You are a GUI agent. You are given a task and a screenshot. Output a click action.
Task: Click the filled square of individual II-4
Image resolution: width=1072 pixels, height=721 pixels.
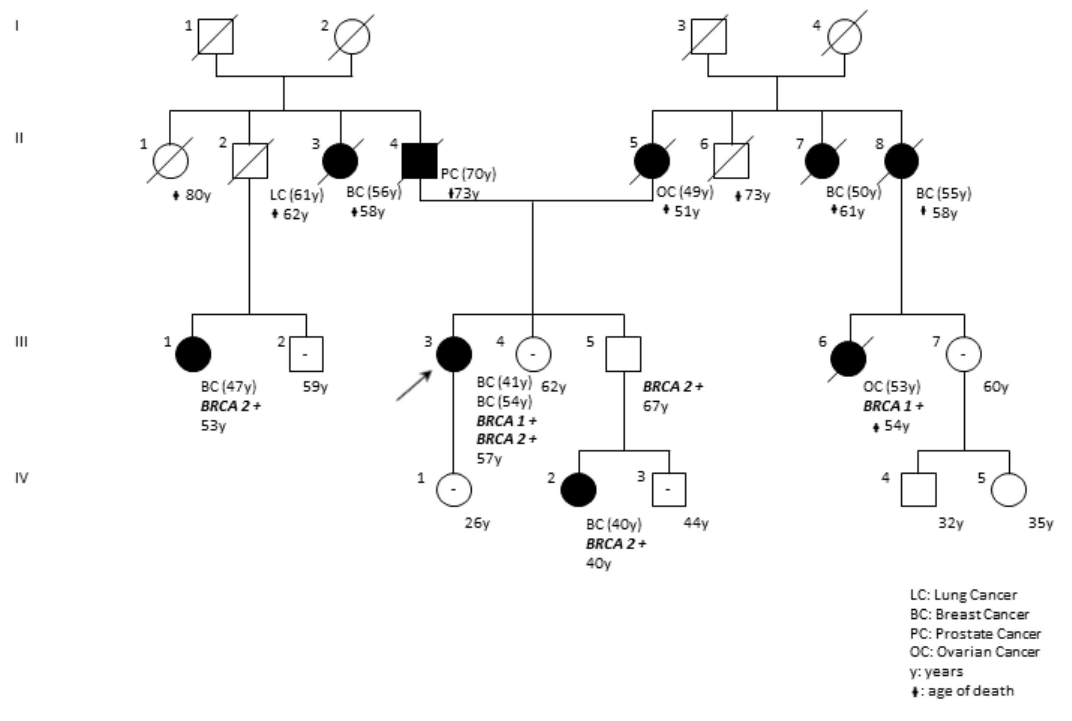(x=419, y=161)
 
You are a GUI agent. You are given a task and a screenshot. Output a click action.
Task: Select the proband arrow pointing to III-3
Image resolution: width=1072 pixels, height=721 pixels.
(x=414, y=386)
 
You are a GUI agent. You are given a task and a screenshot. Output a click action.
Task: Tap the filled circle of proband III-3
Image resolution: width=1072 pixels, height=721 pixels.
(x=453, y=354)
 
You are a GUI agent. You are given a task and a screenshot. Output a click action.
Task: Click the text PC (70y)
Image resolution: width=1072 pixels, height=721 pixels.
(x=468, y=174)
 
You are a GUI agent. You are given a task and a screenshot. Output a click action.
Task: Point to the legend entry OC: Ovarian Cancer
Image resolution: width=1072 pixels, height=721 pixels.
(x=974, y=652)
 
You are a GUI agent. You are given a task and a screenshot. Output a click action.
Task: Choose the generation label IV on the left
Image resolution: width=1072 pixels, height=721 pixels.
(x=21, y=478)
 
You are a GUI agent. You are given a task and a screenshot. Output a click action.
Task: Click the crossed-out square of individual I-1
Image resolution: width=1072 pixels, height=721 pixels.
(x=215, y=36)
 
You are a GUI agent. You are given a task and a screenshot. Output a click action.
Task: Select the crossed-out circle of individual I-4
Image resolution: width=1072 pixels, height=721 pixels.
(x=844, y=36)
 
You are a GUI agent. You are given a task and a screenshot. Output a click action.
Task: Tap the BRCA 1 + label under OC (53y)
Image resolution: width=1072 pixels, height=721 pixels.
(x=893, y=406)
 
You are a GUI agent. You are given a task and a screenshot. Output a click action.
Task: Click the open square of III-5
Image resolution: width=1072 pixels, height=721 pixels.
(x=623, y=354)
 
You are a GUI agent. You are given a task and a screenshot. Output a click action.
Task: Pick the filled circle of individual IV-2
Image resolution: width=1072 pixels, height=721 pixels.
(x=578, y=490)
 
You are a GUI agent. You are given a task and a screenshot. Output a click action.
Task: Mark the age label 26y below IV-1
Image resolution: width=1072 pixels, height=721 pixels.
(x=477, y=523)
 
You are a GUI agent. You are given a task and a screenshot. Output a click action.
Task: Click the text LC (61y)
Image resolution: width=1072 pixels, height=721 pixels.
(x=297, y=194)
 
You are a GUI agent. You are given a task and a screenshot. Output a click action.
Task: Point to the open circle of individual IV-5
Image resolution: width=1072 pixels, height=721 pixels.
(x=1008, y=490)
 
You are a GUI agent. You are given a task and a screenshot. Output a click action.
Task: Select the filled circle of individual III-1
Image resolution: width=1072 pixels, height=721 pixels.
(x=193, y=354)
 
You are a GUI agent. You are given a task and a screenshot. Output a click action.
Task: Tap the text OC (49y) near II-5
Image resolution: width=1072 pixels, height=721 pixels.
(x=684, y=192)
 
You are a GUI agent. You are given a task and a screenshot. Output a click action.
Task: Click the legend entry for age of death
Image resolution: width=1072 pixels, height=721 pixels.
(x=962, y=691)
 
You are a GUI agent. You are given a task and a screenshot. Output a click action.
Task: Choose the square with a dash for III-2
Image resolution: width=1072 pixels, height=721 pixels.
(x=306, y=354)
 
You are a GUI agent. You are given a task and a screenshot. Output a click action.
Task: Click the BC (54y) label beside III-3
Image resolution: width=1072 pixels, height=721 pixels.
(x=504, y=402)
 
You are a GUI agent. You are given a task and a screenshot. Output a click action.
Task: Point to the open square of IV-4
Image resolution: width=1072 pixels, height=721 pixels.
(x=918, y=490)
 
